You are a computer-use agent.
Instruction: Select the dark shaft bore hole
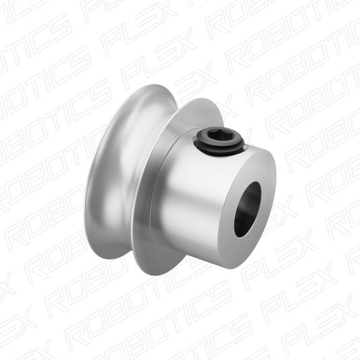[x=247, y=210]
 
